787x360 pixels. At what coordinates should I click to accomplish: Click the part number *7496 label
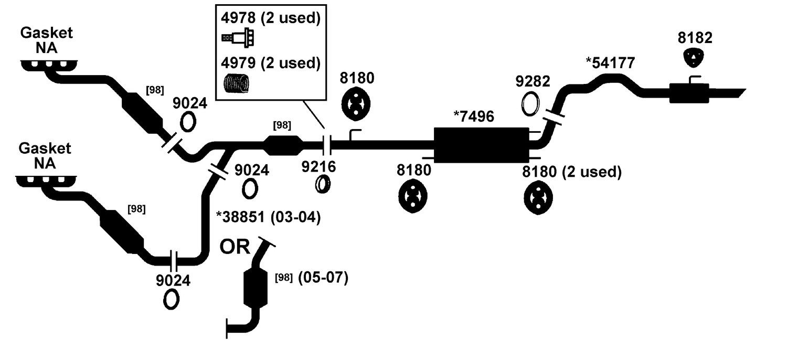[474, 117]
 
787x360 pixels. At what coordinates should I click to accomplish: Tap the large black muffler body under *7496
[481, 145]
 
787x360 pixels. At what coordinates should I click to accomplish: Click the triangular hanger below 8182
[694, 58]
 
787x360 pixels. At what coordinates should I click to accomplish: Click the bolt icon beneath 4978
[238, 37]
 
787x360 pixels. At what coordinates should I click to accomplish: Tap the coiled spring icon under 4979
[237, 83]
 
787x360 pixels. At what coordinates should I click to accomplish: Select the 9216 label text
[318, 167]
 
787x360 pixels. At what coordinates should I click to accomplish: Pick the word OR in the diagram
[235, 247]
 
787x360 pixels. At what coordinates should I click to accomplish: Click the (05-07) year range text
[323, 278]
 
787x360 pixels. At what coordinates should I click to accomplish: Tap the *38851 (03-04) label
[268, 217]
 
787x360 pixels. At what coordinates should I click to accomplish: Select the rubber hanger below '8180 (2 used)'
[538, 198]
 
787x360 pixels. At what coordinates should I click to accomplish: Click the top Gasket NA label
[46, 40]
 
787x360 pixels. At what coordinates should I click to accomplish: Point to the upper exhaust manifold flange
[49, 66]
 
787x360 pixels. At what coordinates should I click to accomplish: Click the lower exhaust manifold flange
[46, 181]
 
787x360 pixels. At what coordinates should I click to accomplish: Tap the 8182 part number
[695, 38]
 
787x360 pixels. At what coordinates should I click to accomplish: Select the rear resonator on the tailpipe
[689, 93]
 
